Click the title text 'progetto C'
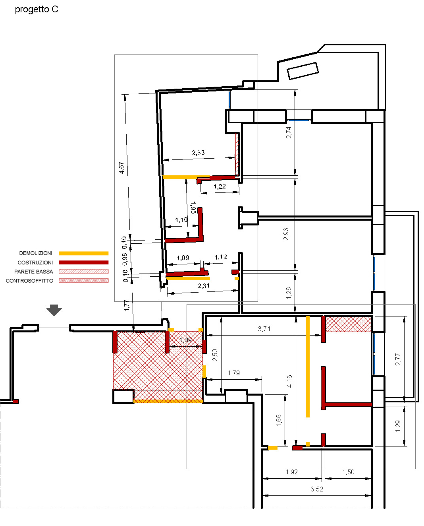tap(37, 10)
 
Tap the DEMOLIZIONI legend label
tap(36, 253)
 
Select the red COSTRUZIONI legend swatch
tap(83, 262)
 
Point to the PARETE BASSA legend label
tap(33, 272)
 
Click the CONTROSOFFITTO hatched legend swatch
tap(83, 281)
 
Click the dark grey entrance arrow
tap(54, 310)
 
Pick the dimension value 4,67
tap(121, 168)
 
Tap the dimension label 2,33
tap(198, 153)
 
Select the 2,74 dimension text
tap(289, 132)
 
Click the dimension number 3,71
tap(264, 329)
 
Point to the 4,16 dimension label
tap(289, 381)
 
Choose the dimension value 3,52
tap(316, 489)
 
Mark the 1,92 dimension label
tap(292, 472)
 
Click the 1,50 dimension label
tap(348, 472)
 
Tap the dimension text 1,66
tap(279, 420)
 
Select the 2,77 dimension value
tap(398, 359)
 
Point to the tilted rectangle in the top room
tap(303, 71)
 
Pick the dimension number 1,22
tap(220, 186)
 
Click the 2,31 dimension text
tap(203, 286)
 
